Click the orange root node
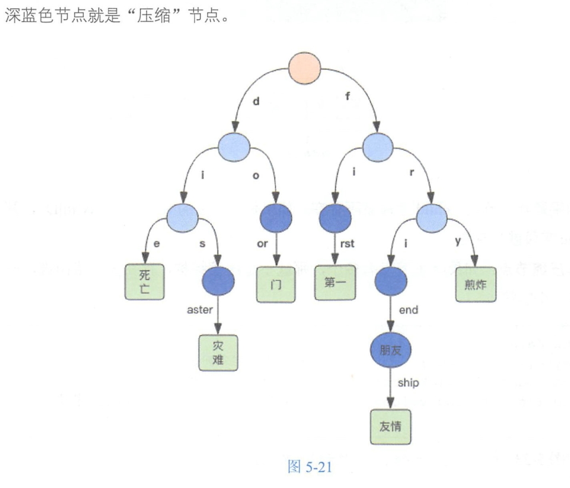pyautogui.click(x=305, y=69)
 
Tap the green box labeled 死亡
pyautogui.click(x=144, y=281)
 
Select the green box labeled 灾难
pyautogui.click(x=218, y=353)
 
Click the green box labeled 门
pyautogui.click(x=275, y=285)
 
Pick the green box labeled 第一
pyautogui.click(x=334, y=283)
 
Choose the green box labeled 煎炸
pyautogui.click(x=476, y=285)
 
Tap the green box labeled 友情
pyautogui.click(x=391, y=426)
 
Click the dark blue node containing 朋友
pyautogui.click(x=391, y=350)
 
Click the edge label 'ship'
pyautogui.click(x=408, y=383)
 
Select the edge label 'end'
pyautogui.click(x=408, y=310)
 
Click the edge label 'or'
pyautogui.click(x=260, y=244)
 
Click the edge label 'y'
pyautogui.click(x=458, y=242)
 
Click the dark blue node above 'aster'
pyautogui.click(x=218, y=281)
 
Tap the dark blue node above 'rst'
pyautogui.click(x=335, y=217)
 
